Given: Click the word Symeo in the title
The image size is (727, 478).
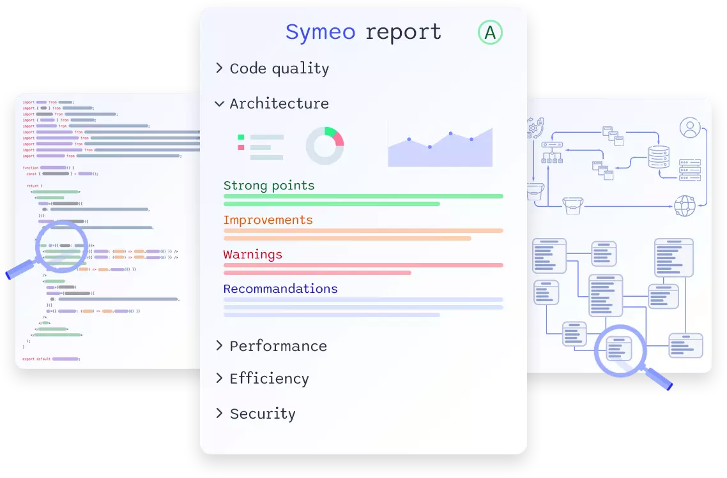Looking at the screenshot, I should (320, 32).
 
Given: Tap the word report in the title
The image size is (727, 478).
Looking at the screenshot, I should (402, 33).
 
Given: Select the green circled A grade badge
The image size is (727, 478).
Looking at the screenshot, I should (490, 33).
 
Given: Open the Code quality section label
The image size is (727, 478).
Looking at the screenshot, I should (279, 69).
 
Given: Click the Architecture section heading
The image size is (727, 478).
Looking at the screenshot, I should (279, 103).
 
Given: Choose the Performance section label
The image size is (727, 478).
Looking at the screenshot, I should (278, 346).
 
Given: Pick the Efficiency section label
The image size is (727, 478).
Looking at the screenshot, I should (269, 378).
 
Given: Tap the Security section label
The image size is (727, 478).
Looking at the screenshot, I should (263, 414).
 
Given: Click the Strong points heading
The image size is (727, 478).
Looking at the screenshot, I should (269, 186).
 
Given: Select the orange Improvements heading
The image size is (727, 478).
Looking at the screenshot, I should (268, 220).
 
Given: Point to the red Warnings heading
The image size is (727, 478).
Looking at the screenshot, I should (253, 255).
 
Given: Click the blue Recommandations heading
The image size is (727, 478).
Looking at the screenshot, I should (280, 289).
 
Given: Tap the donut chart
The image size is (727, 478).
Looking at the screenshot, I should (325, 146).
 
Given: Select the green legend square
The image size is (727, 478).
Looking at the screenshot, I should (241, 137).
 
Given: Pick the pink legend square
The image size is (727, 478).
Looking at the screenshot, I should (241, 147).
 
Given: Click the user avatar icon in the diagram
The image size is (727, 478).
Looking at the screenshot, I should (689, 128).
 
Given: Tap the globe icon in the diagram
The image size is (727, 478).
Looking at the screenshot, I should (684, 205).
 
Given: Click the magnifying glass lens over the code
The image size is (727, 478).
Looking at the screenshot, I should (61, 246).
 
